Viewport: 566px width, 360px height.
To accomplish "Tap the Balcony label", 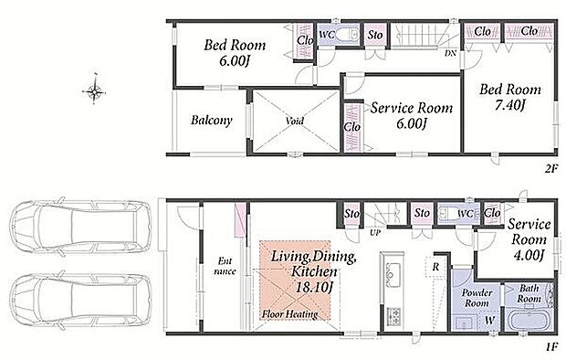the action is (211, 120).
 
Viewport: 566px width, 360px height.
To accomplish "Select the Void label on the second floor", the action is (295, 121).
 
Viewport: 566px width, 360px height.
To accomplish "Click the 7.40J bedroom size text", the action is (509, 105).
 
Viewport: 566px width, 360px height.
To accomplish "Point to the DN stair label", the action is (450, 54).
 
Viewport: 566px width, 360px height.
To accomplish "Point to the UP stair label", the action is (375, 233).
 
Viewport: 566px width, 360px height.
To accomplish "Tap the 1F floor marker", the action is (552, 347).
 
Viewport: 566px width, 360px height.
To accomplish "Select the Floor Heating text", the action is (290, 314).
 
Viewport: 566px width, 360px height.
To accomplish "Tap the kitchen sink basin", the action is (392, 273).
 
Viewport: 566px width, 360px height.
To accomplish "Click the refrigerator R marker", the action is (435, 267).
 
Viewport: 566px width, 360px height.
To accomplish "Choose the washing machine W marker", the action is (489, 320).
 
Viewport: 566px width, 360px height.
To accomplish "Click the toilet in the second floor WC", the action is (348, 35).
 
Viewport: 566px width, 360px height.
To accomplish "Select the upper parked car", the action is (81, 227).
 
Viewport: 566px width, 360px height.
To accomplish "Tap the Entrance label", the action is (225, 266).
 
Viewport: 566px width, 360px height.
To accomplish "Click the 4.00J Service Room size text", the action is (528, 255).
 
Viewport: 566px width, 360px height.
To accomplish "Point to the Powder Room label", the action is (477, 298).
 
